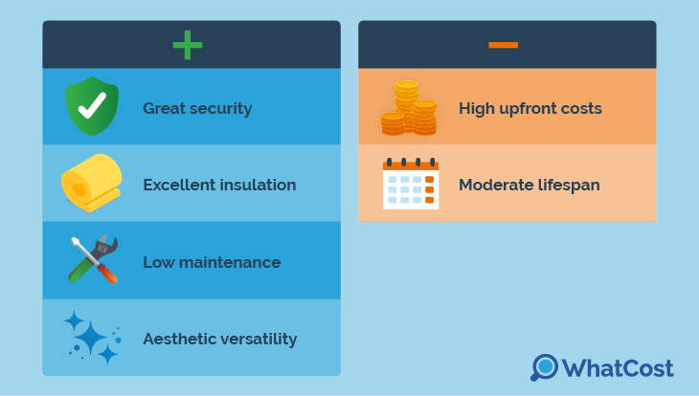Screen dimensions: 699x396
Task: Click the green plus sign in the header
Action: click(x=188, y=45)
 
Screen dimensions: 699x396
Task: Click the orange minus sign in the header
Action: click(x=504, y=45)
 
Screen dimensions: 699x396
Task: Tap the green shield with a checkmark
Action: click(x=92, y=106)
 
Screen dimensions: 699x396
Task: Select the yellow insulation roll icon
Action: click(x=92, y=183)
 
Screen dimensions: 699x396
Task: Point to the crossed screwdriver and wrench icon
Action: click(x=93, y=259)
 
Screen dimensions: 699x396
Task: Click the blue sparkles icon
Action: click(x=92, y=338)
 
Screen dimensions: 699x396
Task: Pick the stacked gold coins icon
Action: click(x=409, y=108)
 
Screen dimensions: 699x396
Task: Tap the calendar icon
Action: click(x=411, y=184)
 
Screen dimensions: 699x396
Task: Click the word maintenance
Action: click(x=230, y=262)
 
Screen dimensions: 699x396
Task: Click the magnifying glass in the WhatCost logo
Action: click(x=544, y=367)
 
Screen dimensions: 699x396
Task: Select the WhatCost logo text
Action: click(x=618, y=368)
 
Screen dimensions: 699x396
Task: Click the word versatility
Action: click(x=259, y=340)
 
